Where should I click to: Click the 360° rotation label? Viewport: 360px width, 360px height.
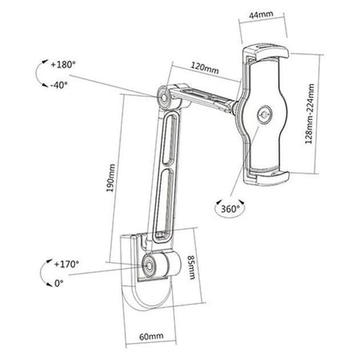click(x=230, y=208)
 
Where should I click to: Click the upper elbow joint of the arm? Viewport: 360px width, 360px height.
click(x=168, y=96)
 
